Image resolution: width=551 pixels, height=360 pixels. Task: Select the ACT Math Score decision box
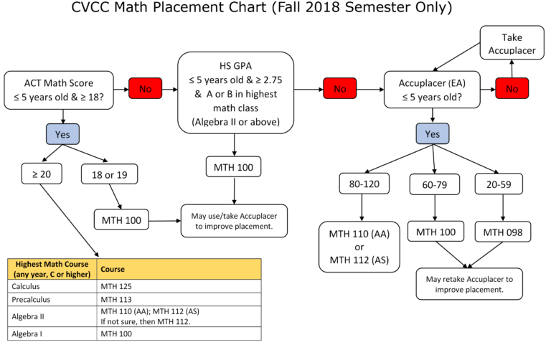click(60, 90)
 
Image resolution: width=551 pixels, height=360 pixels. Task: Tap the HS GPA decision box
click(235, 92)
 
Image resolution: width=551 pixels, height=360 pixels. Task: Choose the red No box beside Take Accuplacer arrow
click(512, 89)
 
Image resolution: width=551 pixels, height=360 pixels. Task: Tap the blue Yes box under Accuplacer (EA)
click(432, 133)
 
